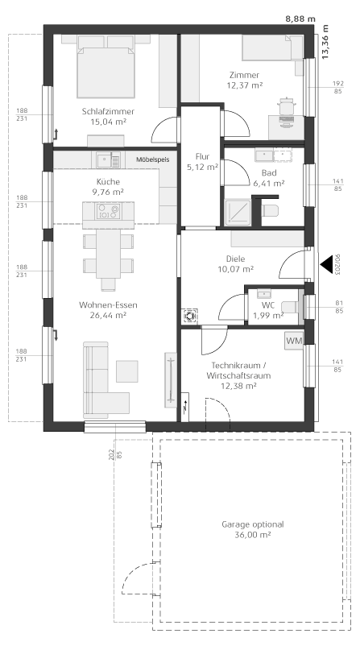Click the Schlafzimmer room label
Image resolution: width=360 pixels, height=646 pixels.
click(108, 112)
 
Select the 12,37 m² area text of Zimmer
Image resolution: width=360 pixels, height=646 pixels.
click(245, 85)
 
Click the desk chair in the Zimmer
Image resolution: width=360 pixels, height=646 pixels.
click(286, 106)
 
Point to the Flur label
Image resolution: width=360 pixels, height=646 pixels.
click(202, 156)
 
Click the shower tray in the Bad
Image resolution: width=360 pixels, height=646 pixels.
click(238, 212)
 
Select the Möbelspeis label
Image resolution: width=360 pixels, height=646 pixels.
click(153, 159)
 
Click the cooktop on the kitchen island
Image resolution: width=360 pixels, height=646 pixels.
click(108, 212)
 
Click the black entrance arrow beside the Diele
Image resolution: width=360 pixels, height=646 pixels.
click(327, 263)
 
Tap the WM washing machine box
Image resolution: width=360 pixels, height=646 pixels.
click(294, 341)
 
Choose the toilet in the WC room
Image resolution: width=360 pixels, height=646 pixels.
click(290, 307)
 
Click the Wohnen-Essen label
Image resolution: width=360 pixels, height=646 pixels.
click(108, 305)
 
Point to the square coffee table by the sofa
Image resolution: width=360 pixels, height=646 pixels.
click(127, 371)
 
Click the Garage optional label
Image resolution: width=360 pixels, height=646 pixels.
click(253, 524)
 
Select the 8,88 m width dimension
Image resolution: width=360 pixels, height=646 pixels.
click(300, 19)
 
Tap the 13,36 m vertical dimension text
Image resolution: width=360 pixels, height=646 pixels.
click(325, 42)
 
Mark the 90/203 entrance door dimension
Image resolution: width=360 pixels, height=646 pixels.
click(337, 264)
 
